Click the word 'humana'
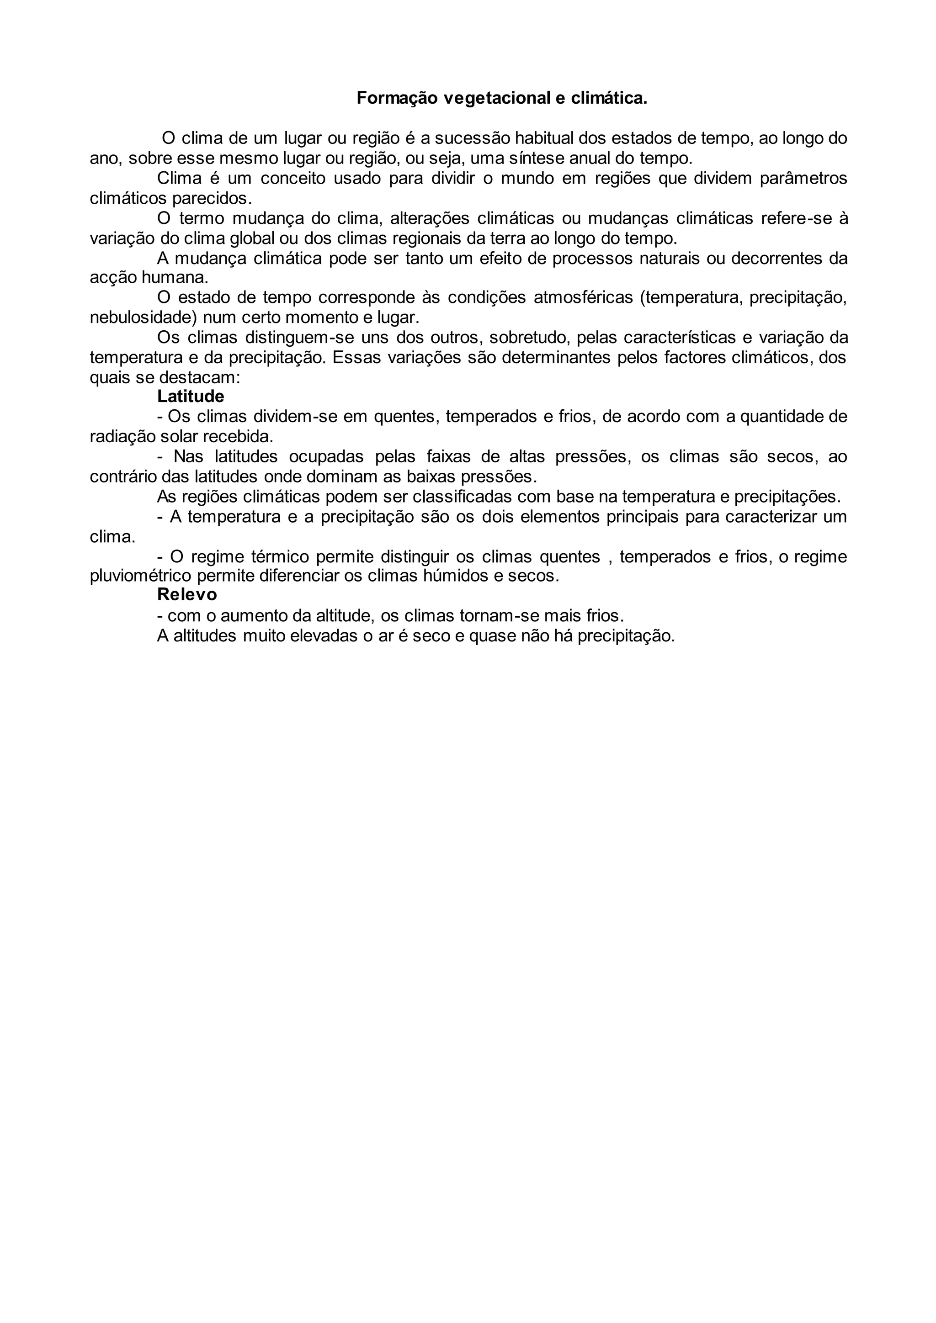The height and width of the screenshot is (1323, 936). coord(176,278)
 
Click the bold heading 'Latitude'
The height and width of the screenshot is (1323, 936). coord(190,397)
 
